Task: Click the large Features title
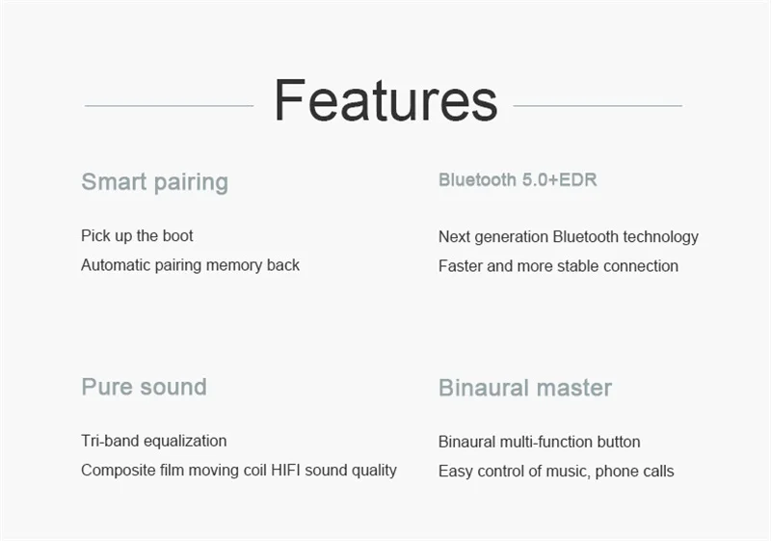[x=386, y=100]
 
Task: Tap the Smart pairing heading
[x=155, y=182]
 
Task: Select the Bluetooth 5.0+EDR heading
[x=518, y=180]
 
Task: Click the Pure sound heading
[x=144, y=387]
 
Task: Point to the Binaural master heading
[x=525, y=388]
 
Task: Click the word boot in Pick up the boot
[x=177, y=235]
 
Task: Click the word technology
[x=660, y=237]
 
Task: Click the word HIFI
[x=285, y=471]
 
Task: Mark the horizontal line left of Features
[x=170, y=106]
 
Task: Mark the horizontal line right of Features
[x=598, y=106]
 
